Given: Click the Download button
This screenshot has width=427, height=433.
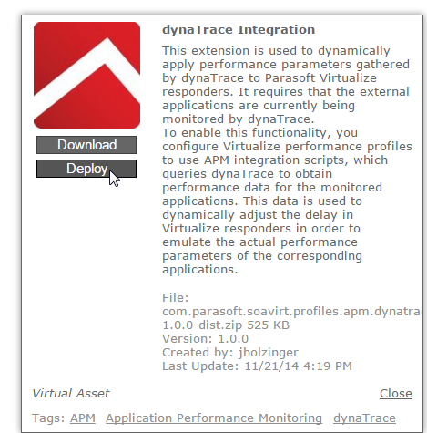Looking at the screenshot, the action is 86,145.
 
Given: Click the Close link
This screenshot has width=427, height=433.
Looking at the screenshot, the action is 396,393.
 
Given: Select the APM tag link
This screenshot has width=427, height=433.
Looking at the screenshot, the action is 83,418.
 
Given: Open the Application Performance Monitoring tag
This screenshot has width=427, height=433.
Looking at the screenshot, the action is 214,418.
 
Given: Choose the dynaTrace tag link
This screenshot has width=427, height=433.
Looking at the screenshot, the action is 364,418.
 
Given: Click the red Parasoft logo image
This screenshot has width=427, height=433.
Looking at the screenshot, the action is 86,75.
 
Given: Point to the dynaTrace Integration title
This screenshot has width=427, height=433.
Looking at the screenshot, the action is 239,30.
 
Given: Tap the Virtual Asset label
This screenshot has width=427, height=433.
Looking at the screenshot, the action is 71,394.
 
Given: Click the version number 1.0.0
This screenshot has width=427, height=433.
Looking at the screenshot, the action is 233,339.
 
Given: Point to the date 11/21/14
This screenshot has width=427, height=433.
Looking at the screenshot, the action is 271,366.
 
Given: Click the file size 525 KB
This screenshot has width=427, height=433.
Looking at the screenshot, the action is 268,325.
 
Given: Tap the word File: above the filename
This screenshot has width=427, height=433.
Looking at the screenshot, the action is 176,298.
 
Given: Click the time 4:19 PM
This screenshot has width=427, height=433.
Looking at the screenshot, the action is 328,366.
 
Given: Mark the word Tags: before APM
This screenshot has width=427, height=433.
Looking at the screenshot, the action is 48,418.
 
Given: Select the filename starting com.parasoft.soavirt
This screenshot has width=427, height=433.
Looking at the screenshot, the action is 292,318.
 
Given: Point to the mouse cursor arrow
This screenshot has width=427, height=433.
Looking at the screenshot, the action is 114,178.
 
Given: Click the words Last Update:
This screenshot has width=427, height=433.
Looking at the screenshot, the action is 200,366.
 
